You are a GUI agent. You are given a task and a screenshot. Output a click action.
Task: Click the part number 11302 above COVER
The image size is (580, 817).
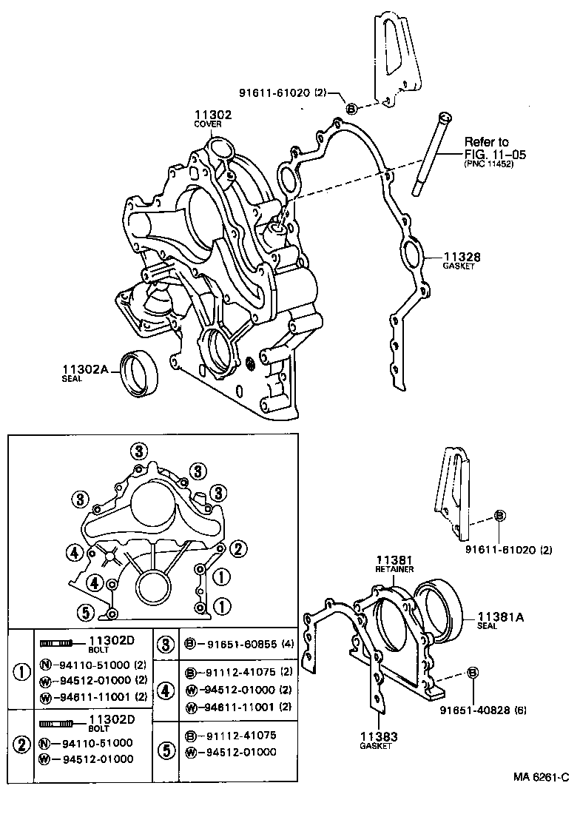213,115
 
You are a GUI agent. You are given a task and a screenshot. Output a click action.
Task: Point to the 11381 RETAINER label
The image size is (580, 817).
394,560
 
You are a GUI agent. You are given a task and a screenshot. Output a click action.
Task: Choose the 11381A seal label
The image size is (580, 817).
500,616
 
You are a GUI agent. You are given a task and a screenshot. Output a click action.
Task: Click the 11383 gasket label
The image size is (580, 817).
379,736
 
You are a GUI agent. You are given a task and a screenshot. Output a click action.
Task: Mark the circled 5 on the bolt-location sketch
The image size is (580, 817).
86,611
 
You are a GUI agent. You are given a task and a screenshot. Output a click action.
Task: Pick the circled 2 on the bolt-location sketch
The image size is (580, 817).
237,548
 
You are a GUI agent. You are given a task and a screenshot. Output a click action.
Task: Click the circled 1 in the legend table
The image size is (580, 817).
21,673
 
